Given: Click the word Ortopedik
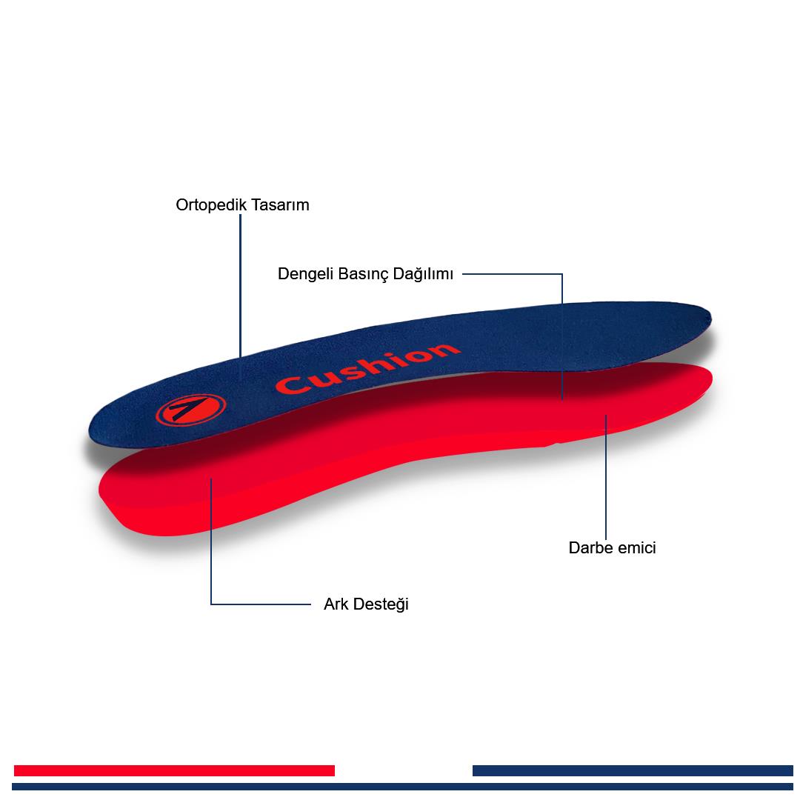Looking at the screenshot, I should click(209, 205).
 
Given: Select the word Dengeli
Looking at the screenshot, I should click(305, 274).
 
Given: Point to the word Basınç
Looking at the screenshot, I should click(364, 274).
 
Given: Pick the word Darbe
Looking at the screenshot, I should click(590, 548).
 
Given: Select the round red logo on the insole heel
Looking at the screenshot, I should click(190, 409).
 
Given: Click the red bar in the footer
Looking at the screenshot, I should click(174, 770).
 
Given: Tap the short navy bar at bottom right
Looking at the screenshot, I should click(633, 770).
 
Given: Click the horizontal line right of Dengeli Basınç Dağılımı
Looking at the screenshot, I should click(511, 274).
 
